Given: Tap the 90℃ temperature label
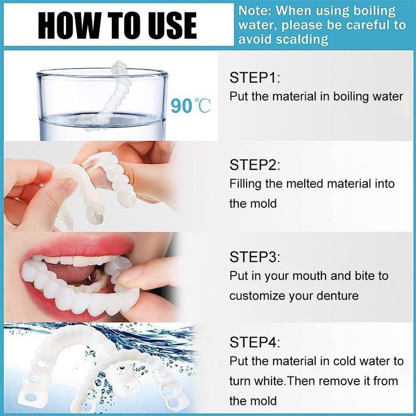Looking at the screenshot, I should [190, 106].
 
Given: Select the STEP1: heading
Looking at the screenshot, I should [255, 79].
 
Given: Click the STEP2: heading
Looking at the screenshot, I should [255, 165].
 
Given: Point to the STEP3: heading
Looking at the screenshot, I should [255, 257].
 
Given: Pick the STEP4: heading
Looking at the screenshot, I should [255, 343].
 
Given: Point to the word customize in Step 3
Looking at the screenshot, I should [256, 295].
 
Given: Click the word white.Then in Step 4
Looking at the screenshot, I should [283, 381].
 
